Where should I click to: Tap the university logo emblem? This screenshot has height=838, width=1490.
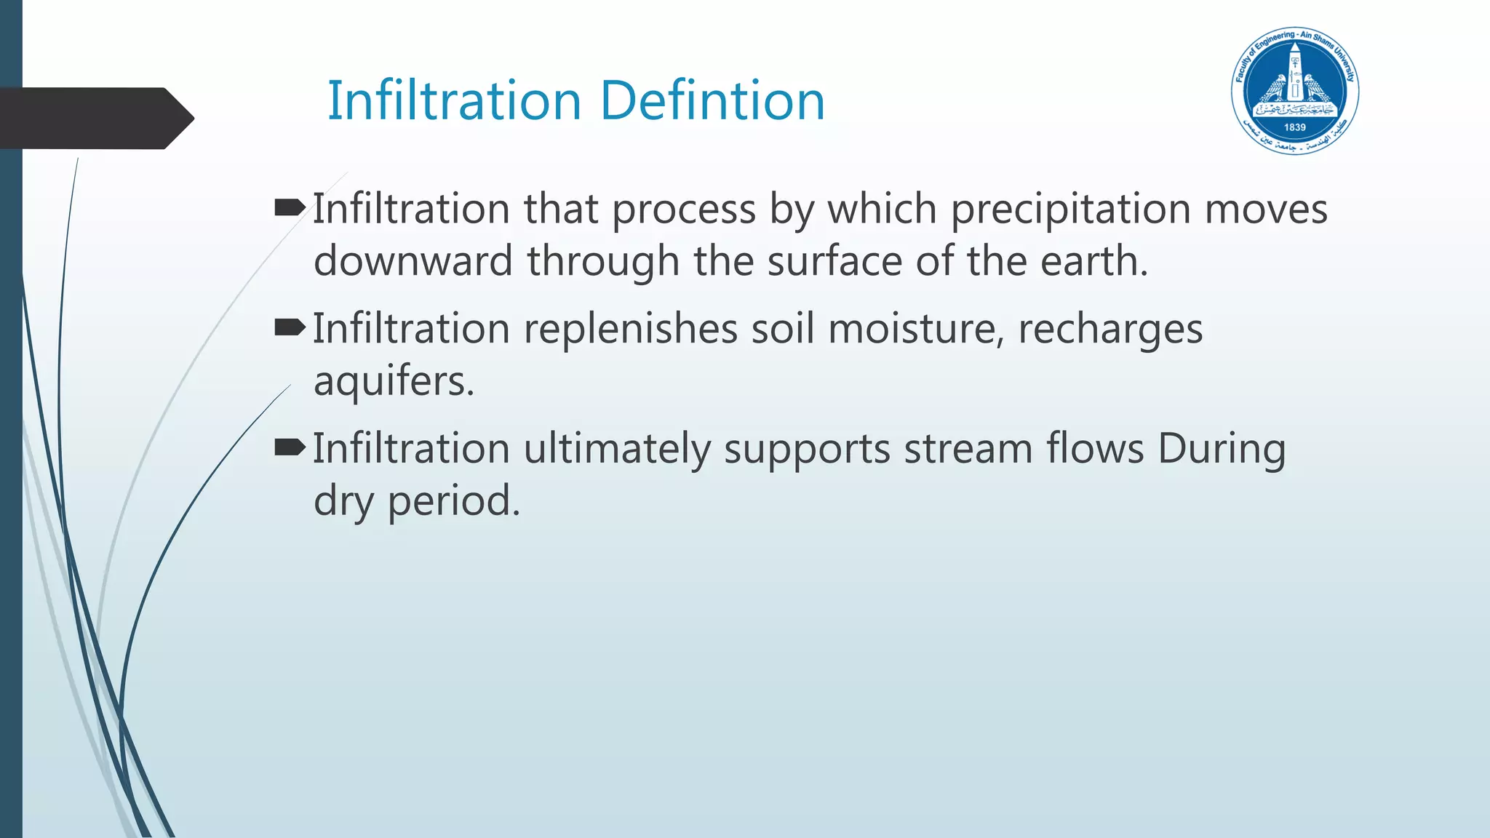point(1295,92)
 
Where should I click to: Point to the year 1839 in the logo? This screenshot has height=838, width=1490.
point(1295,127)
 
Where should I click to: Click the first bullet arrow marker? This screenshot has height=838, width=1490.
point(290,209)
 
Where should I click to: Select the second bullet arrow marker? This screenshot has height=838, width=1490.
point(290,329)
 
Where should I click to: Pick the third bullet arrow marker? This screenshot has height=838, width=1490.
point(290,448)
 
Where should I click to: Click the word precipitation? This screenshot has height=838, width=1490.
point(1071,209)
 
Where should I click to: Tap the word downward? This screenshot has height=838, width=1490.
point(413,260)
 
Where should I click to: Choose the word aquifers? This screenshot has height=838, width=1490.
point(393,380)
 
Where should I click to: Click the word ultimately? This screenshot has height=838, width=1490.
point(616,448)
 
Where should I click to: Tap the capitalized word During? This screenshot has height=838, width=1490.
point(1222,448)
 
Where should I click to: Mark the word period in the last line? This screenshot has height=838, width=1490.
point(453,500)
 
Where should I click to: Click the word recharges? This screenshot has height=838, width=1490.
point(1110,329)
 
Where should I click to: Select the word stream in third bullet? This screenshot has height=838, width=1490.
point(968,448)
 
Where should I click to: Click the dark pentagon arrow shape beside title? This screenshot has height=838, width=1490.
point(95,118)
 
